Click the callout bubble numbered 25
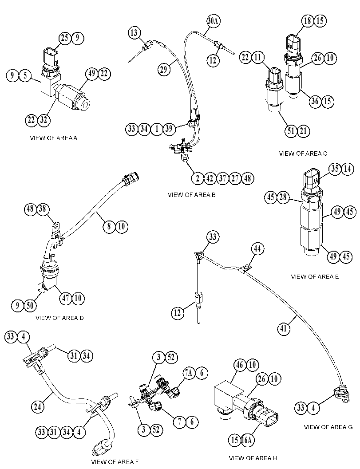(64, 38)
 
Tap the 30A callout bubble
(214, 21)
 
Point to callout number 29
(164, 69)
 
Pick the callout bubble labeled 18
(308, 21)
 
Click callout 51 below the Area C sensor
(291, 131)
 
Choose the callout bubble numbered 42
(210, 178)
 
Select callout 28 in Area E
(283, 197)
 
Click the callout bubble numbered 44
(257, 249)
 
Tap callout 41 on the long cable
(283, 329)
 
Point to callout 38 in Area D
(43, 209)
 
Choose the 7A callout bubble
(189, 373)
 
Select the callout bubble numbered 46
(240, 365)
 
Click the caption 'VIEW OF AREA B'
(191, 195)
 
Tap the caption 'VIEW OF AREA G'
(328, 427)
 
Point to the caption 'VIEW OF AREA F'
(115, 462)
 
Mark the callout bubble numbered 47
(66, 298)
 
